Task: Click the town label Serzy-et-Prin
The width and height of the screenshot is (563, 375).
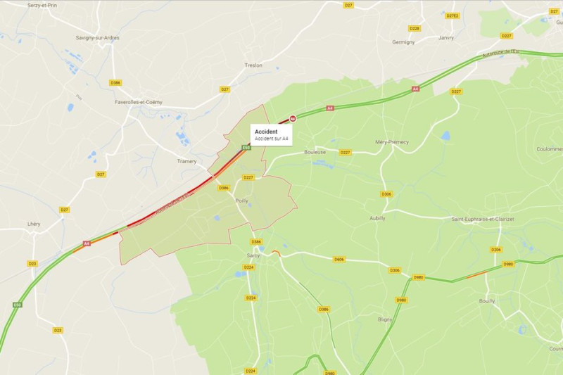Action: click(x=42, y=5)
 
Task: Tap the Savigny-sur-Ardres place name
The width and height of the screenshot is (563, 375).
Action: click(x=99, y=38)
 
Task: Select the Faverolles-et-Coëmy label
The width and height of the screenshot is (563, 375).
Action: click(x=139, y=102)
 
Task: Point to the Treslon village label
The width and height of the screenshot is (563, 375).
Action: click(x=253, y=65)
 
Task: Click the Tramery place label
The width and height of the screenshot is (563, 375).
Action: click(x=186, y=161)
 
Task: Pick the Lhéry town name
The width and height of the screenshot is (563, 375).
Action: click(x=33, y=224)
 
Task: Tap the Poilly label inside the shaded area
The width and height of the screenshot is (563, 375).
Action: click(x=241, y=201)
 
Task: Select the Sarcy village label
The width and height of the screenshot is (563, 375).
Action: click(x=253, y=255)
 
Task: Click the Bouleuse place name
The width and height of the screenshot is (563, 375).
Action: click(x=315, y=152)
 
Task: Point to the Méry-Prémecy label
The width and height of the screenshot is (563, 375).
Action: click(x=392, y=141)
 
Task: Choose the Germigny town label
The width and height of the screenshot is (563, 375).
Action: click(x=403, y=42)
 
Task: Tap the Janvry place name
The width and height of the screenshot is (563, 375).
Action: click(x=445, y=38)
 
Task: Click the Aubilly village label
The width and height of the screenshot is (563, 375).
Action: click(x=378, y=218)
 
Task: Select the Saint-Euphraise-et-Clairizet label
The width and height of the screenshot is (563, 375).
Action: click(x=483, y=220)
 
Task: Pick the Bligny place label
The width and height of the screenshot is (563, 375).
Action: click(x=385, y=319)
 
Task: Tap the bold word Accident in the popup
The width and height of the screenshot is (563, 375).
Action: click(x=266, y=132)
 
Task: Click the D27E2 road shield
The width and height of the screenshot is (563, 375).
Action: click(x=453, y=15)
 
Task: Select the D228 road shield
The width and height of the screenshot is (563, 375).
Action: click(x=415, y=29)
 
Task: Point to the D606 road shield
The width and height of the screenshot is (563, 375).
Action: click(x=339, y=260)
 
